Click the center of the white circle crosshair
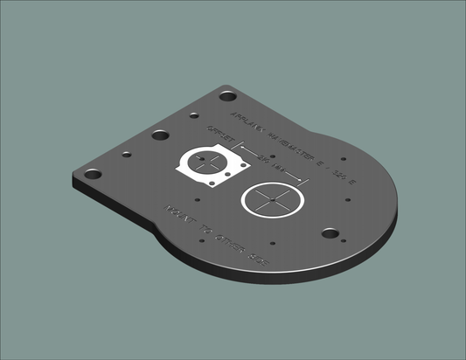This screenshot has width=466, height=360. click(270, 200)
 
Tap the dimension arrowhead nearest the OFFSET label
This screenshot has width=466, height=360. click(233, 147)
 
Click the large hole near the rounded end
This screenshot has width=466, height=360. click(329, 233)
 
